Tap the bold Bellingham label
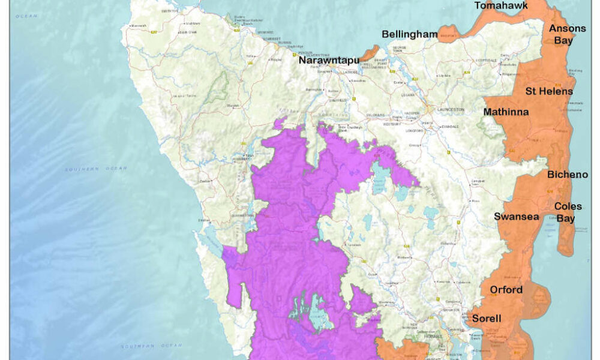click(410, 34)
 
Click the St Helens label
click(549, 91)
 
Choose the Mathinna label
click(506, 112)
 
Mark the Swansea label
click(516, 216)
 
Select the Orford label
click(506, 290)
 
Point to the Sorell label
click(486, 318)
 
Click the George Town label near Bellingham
click(400, 48)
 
